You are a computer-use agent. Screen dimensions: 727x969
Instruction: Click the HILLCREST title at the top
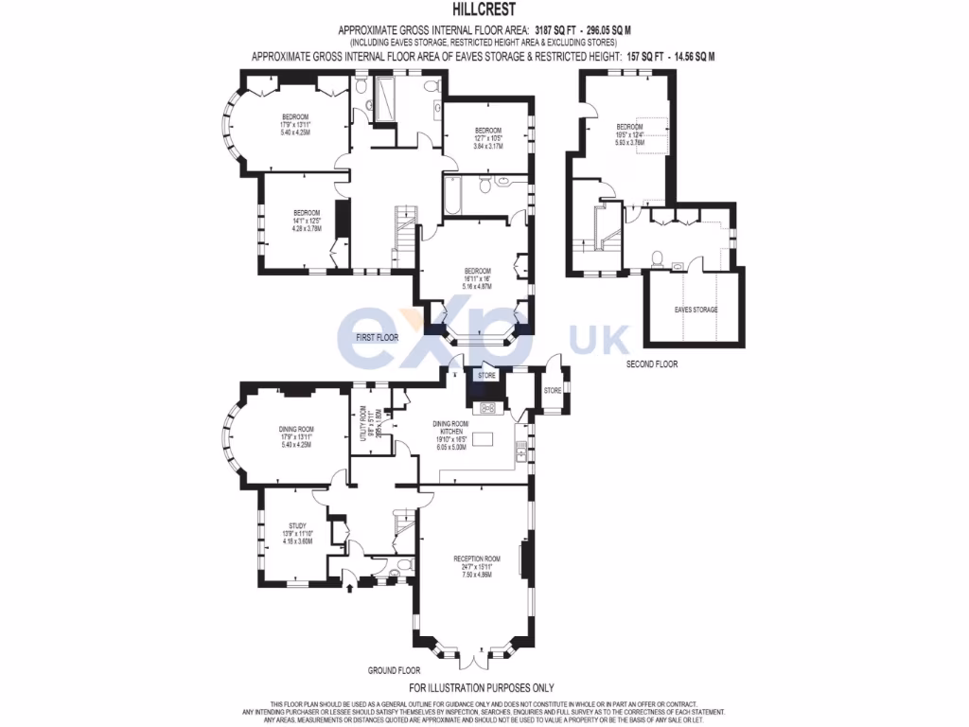pos(484,12)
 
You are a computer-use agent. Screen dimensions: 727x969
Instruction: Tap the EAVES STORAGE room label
pos(696,310)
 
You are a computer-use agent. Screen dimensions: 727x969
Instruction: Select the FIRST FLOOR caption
pos(376,337)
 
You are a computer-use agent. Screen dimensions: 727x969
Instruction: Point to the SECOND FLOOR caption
pos(652,363)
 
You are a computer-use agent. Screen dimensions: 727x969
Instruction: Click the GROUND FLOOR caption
pos(394,670)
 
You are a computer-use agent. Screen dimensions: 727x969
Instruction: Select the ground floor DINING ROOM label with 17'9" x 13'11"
pos(295,429)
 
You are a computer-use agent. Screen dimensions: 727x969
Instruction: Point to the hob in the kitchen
pos(489,408)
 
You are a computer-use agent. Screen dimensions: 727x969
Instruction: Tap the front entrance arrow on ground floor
pos(351,587)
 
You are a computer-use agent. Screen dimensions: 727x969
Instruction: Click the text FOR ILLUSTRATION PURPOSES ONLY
pos(481,688)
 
